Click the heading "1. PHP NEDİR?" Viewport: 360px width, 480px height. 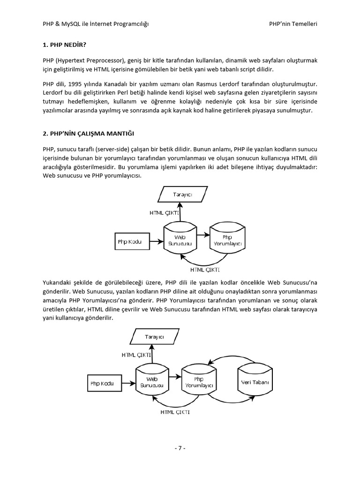coord(64,45)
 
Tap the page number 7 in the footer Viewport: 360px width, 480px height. coord(180,448)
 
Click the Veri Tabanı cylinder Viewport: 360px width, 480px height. coord(255,382)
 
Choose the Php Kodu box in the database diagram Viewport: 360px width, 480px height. coord(102,382)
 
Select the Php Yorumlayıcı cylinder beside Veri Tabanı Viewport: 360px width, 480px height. coord(199,382)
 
